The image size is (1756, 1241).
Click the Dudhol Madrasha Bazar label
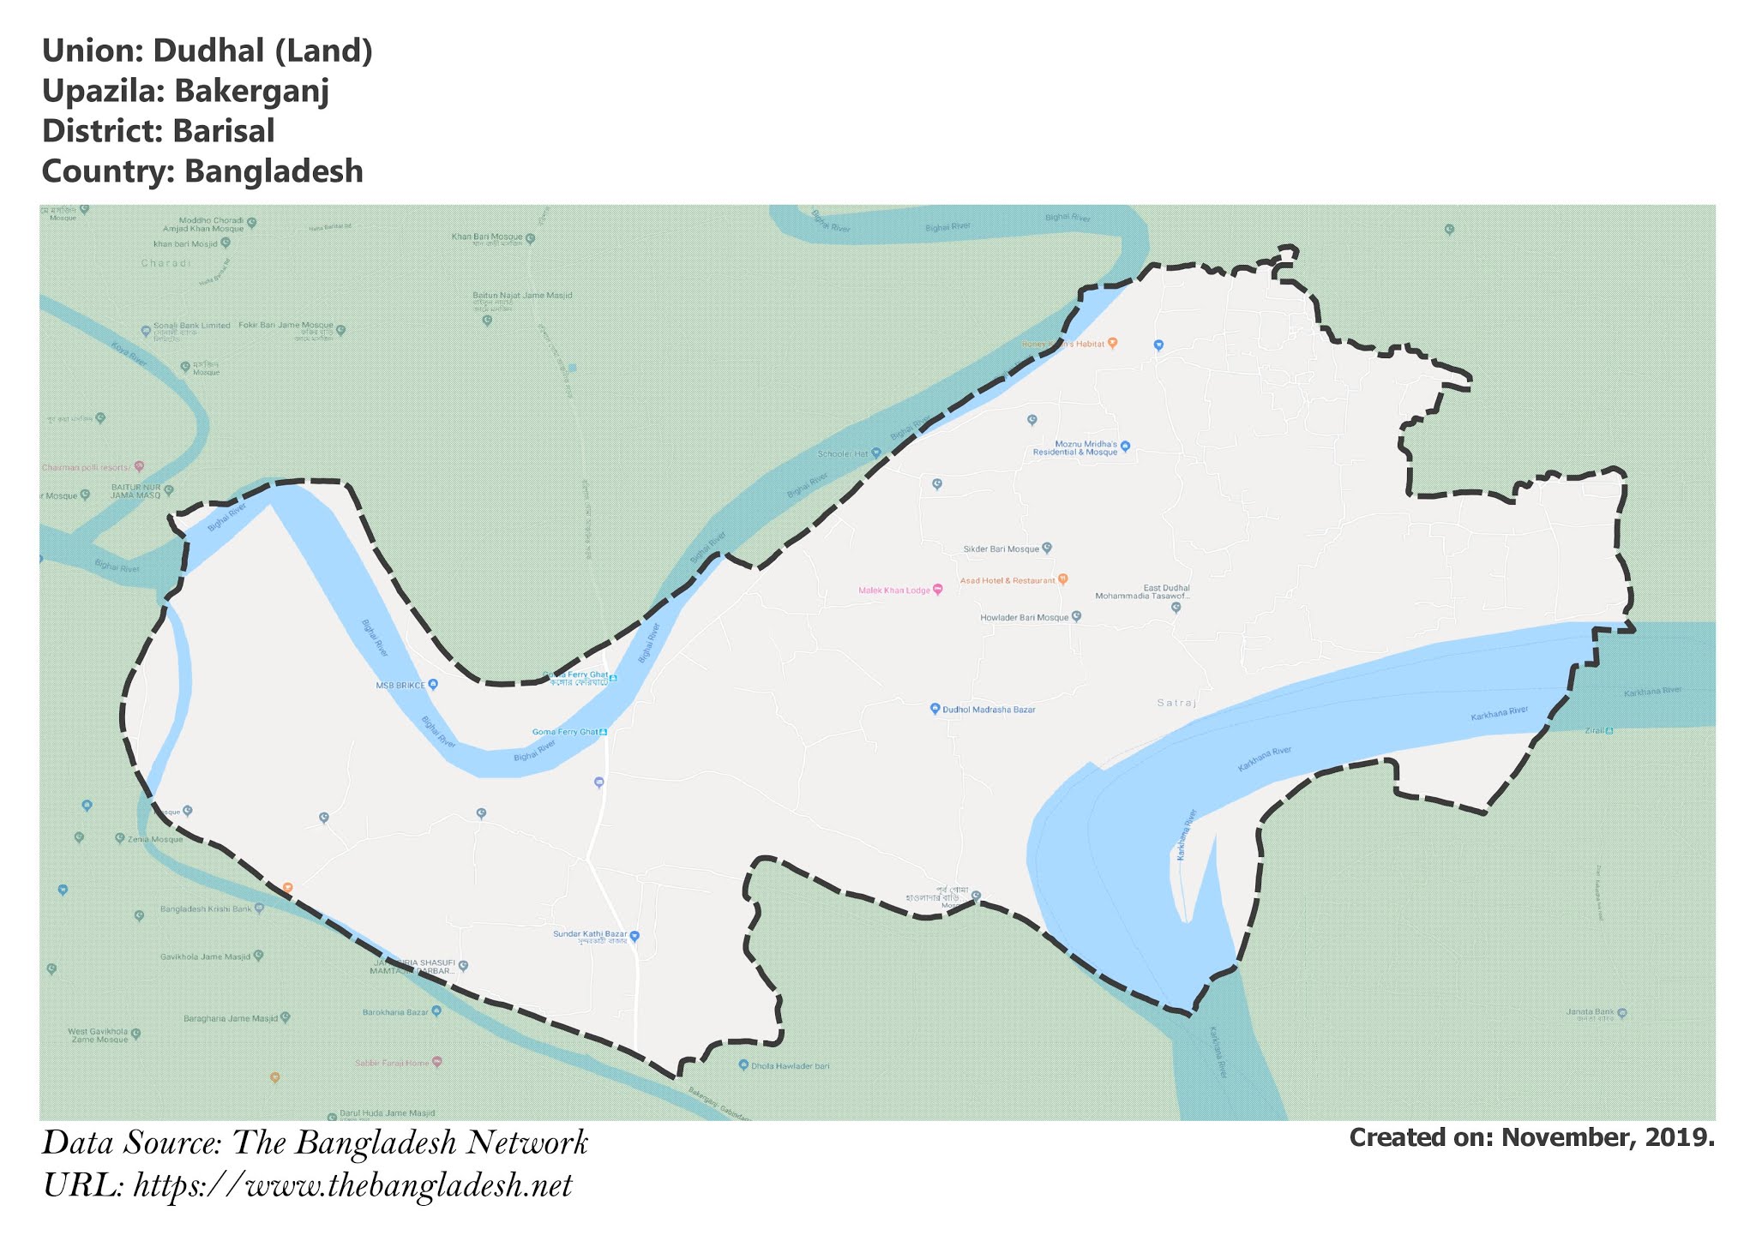[x=989, y=710]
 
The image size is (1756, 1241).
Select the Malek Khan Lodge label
[x=894, y=591]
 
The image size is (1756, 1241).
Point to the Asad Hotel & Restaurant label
[x=1007, y=581]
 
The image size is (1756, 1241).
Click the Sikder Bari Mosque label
[x=1001, y=549]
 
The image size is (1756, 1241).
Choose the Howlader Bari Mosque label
[x=1025, y=617]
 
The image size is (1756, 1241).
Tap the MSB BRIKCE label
[x=400, y=686]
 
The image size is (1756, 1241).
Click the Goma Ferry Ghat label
[x=565, y=732]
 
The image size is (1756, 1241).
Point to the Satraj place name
[x=1176, y=703]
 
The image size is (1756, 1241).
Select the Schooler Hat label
[x=843, y=453]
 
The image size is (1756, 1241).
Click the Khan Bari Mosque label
[x=487, y=237]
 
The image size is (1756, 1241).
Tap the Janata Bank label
[x=1591, y=1012]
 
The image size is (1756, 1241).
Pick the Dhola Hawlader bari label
[x=790, y=1065]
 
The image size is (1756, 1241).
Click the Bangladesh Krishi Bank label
[x=206, y=908]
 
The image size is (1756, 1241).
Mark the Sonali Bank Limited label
[x=192, y=326]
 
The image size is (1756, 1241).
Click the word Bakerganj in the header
[x=251, y=91]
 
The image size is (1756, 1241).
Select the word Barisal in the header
[x=223, y=131]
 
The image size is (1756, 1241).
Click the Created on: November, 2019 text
[x=1531, y=1137]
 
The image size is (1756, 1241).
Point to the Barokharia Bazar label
[x=395, y=1012]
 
